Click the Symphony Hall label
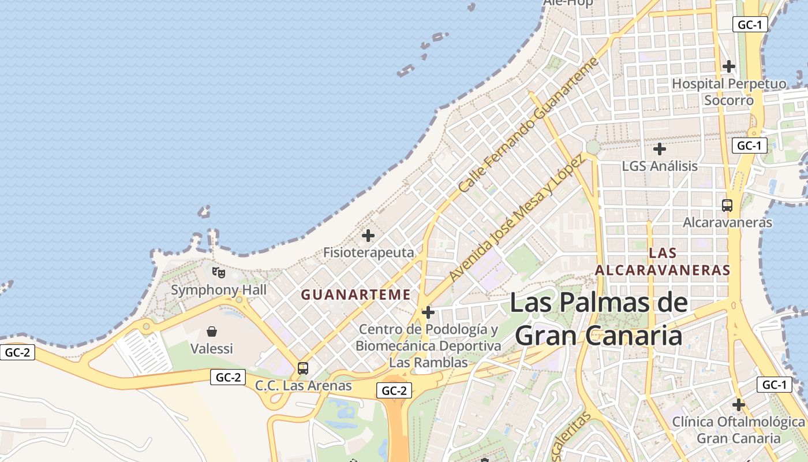point(219,290)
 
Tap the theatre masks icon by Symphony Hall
point(218,271)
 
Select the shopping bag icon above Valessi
point(212,331)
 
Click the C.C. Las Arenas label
point(304,385)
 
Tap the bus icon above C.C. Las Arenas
point(302,368)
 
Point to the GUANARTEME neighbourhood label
point(356,295)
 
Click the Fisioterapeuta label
point(368,252)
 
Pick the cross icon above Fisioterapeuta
point(368,236)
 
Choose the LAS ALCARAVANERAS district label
point(663,262)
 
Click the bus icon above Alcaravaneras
point(727,205)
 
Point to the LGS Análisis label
point(660,166)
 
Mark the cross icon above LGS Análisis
point(659,149)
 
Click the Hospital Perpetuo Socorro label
point(728,92)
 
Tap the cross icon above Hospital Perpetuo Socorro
point(729,66)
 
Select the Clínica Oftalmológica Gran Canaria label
point(738,430)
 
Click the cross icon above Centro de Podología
point(428,312)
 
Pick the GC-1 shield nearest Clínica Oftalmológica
point(774,385)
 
